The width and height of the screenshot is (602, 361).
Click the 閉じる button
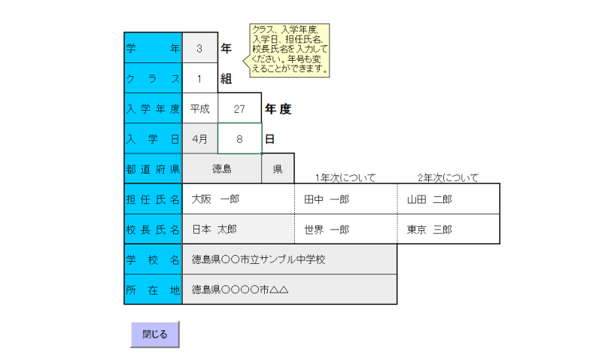155,334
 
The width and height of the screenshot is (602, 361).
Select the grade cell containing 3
199,48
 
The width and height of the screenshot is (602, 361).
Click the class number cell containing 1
199,78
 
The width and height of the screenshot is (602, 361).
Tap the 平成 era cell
200,109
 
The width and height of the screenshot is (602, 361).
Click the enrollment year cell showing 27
239,109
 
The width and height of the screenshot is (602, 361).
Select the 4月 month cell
200,139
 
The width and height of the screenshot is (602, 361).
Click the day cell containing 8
239,139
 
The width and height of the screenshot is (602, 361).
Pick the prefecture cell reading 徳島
222,169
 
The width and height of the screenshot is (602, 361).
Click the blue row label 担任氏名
154,199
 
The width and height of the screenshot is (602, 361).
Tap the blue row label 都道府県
154,169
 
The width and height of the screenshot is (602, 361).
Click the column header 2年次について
448,178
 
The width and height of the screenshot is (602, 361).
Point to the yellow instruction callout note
290,50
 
